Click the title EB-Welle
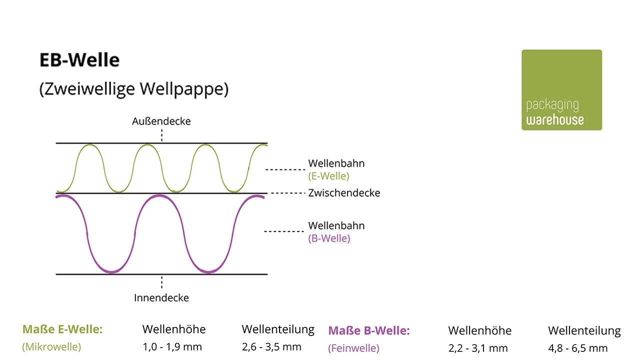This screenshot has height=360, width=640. (x=79, y=60)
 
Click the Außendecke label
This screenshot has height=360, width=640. (x=161, y=121)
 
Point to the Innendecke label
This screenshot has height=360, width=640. (x=161, y=298)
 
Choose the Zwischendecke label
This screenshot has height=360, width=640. (x=344, y=193)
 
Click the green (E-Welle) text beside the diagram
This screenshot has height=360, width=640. (x=328, y=176)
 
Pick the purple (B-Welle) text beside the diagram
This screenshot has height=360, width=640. (x=329, y=238)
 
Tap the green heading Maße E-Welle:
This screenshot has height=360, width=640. (x=62, y=329)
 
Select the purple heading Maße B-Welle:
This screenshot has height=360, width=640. (x=368, y=330)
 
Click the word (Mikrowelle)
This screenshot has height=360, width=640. (x=51, y=346)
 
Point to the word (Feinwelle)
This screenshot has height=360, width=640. (x=353, y=348)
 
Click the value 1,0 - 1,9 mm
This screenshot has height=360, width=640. (x=172, y=347)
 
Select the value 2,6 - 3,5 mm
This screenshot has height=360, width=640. (x=271, y=347)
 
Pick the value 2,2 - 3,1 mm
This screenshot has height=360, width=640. (x=477, y=348)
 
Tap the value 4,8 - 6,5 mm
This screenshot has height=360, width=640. (x=577, y=348)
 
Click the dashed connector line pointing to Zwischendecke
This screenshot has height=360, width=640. (x=287, y=193)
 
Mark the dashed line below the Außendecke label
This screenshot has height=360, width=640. (x=161, y=135)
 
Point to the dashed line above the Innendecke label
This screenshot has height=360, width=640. (x=161, y=282)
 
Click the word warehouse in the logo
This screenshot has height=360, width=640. (x=554, y=120)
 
